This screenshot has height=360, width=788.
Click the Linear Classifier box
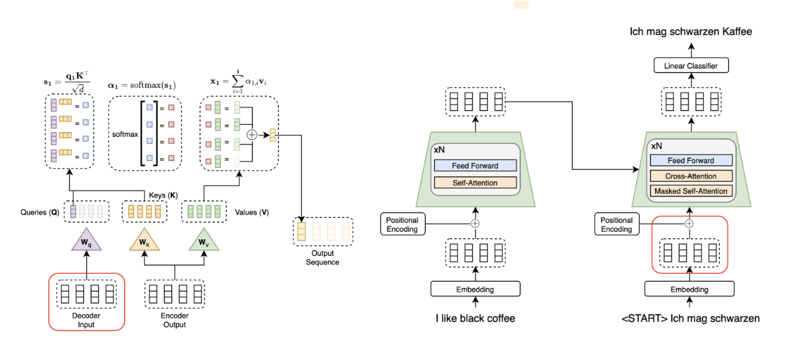pyautogui.click(x=690, y=65)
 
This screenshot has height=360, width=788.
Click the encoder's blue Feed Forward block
pyautogui.click(x=475, y=165)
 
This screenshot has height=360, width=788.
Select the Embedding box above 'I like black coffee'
pyautogui.click(x=475, y=289)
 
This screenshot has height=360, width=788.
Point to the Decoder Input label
pyautogui.click(x=86, y=320)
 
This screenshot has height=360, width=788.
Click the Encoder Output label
pyautogui.click(x=174, y=320)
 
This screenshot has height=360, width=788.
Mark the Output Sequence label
pyautogui.click(x=323, y=258)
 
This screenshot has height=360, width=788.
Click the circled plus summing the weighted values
pyautogui.click(x=252, y=135)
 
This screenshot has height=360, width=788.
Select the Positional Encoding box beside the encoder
pyautogui.click(x=402, y=224)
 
